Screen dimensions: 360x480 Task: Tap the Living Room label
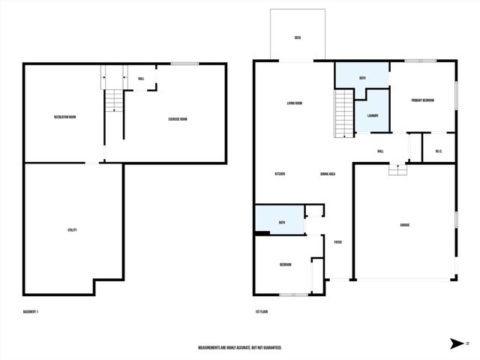coord(294,103)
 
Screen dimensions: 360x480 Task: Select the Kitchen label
coord(280,174)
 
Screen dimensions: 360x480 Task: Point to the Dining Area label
coord(327,174)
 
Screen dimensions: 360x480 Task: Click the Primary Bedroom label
coord(423,100)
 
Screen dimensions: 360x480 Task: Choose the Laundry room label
coord(373,115)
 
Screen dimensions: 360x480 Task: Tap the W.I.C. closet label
coord(439,152)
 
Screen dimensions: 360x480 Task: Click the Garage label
coord(404,225)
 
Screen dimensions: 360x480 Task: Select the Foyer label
coord(338,242)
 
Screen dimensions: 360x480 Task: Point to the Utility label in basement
coord(72,230)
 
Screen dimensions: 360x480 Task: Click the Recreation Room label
coord(64,117)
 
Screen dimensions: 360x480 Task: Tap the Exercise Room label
coord(178,118)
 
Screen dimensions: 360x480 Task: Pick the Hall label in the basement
coord(141,79)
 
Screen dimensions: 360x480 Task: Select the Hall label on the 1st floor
coord(381,151)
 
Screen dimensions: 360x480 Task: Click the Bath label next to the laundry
coord(362,78)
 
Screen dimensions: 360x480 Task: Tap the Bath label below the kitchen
coord(282,223)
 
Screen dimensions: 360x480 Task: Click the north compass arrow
coord(456,343)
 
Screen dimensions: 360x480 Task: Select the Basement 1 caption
coord(31,311)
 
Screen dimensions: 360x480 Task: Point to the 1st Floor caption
coord(261,311)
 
